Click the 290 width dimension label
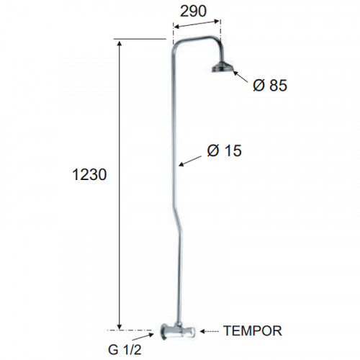click(193, 11)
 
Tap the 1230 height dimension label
click(89, 174)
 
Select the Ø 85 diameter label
click(270, 85)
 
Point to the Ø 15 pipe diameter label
click(224, 150)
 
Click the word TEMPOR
click(253, 330)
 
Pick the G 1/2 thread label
click(125, 350)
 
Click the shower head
click(222, 67)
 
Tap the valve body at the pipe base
click(178, 331)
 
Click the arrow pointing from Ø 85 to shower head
click(240, 77)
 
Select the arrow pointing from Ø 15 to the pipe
click(190, 161)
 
